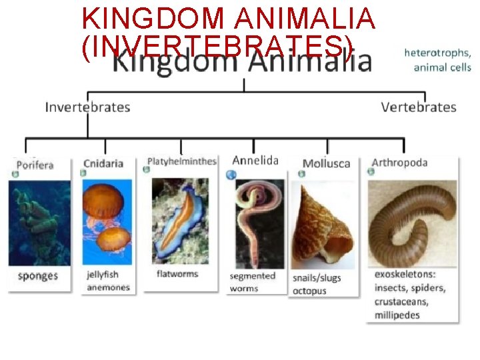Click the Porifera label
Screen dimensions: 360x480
(35, 165)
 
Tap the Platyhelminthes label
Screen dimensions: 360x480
(181, 161)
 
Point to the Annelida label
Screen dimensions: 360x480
(255, 160)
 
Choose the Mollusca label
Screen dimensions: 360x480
(326, 163)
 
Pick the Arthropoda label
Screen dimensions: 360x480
(399, 163)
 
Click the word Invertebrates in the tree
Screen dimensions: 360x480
(87, 107)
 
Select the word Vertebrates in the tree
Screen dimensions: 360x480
(419, 107)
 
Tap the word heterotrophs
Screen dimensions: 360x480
(437, 53)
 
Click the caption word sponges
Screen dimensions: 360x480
(38, 276)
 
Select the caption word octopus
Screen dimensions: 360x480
(310, 291)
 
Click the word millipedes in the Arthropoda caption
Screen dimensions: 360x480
(397, 315)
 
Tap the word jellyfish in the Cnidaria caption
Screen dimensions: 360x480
(103, 274)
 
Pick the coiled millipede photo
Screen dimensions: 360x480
(411, 220)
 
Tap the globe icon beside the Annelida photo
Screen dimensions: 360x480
(231, 175)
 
